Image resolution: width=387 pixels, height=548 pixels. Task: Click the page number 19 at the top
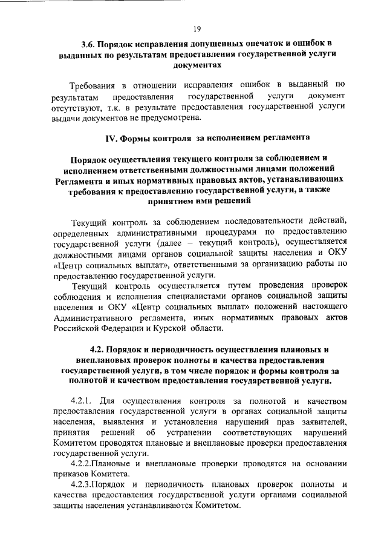[x=197, y=28]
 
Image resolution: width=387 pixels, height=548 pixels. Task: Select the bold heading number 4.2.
[x=98, y=350]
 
